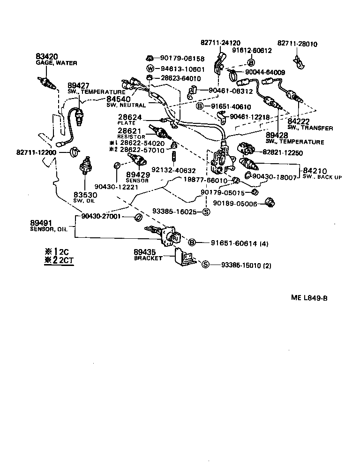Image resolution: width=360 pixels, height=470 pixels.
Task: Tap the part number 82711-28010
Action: pos(297,44)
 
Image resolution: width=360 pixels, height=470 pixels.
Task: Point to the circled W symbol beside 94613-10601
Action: pos(150,68)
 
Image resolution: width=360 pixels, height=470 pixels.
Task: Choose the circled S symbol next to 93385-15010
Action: pos(205,265)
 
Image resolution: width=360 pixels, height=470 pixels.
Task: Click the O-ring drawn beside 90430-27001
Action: pos(139,217)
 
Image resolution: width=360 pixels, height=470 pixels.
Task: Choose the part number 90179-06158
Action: pos(182,59)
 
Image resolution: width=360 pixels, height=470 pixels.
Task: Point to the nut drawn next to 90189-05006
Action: pos(270,203)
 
